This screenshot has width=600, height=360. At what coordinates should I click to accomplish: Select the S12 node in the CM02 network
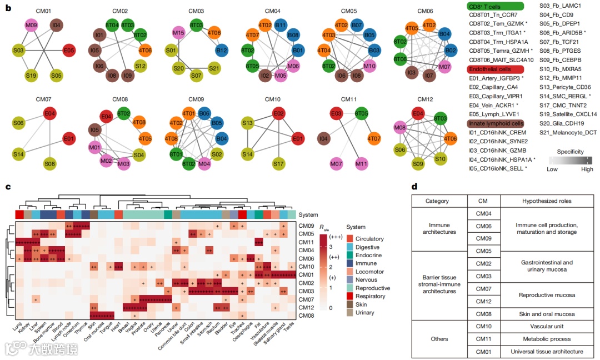(140, 66)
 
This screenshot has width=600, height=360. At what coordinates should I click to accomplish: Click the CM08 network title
(120, 99)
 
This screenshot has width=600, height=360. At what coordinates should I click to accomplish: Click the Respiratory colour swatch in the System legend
(350, 296)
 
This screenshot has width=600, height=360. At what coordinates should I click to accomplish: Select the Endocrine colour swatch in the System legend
(350, 255)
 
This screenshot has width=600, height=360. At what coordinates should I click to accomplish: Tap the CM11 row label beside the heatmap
(307, 242)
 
